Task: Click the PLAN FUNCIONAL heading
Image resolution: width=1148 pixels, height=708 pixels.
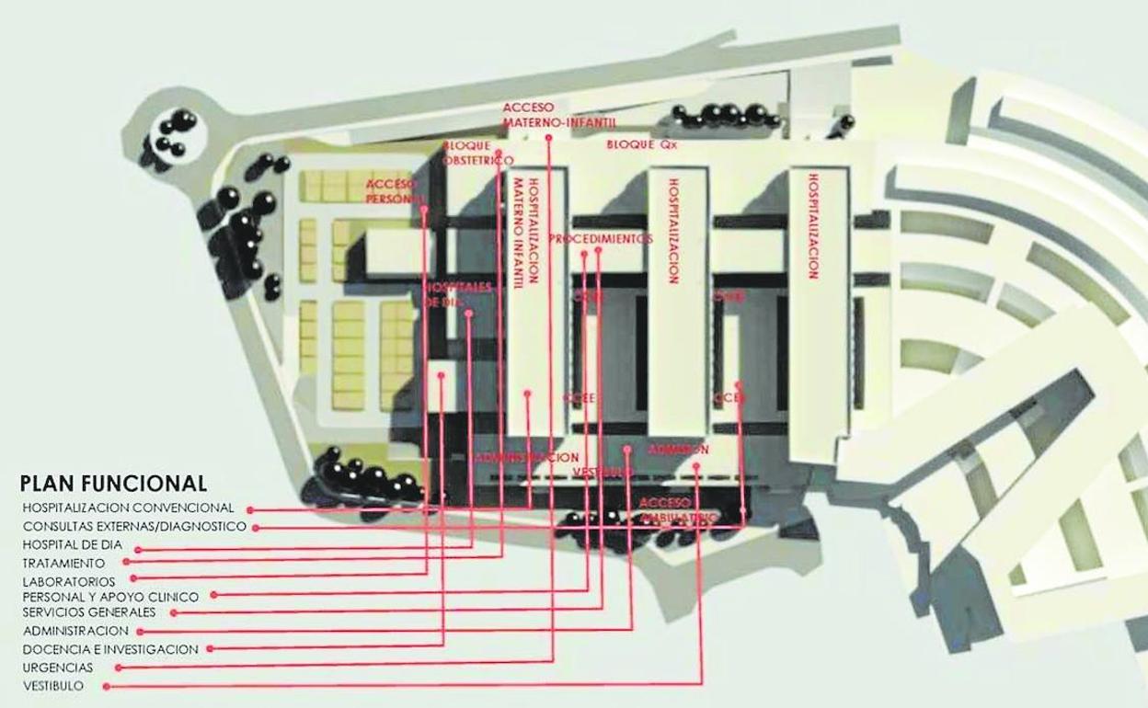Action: [x=113, y=484]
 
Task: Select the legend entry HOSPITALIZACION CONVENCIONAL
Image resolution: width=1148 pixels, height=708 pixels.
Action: [x=130, y=508]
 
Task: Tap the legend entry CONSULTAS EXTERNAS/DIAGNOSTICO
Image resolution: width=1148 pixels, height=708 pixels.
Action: [x=134, y=527]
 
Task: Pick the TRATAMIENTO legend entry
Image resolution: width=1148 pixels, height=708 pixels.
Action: [x=64, y=562]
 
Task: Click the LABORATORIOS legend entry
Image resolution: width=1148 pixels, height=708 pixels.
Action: [x=69, y=581]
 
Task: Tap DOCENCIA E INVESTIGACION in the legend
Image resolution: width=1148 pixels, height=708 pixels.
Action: [x=110, y=648]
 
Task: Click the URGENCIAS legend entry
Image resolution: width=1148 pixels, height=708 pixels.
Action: [x=58, y=667]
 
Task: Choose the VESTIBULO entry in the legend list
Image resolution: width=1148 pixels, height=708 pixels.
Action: [x=54, y=686]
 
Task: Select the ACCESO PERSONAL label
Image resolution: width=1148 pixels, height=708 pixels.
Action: [x=395, y=190]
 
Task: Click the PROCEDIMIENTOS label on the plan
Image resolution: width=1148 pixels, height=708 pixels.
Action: [x=601, y=238]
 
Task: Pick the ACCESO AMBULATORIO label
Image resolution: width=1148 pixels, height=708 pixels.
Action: [x=677, y=511]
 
